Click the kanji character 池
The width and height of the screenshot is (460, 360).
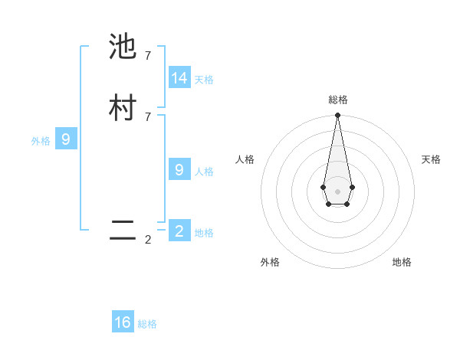(x=123, y=47)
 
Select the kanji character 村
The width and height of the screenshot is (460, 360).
(x=123, y=108)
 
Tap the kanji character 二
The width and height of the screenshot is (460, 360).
(x=123, y=231)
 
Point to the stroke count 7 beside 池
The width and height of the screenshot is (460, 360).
(x=148, y=56)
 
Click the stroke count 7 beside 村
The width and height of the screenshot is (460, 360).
(x=148, y=116)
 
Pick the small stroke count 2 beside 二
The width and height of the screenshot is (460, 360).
(x=148, y=240)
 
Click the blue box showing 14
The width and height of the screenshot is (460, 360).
(x=179, y=77)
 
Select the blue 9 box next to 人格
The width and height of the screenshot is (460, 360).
(x=179, y=169)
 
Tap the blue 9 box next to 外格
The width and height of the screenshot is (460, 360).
(x=66, y=139)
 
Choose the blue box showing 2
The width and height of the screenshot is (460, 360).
(x=179, y=231)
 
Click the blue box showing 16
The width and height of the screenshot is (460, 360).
(x=123, y=322)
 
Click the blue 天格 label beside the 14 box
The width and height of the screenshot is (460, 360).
(x=204, y=79)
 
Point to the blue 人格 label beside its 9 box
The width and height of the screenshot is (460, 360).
(x=204, y=171)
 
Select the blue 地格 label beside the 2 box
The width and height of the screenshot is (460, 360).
(x=204, y=232)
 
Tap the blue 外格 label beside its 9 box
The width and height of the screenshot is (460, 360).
(x=41, y=141)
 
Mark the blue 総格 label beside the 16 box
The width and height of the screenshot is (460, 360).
(x=147, y=324)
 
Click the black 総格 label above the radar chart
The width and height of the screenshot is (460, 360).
(x=338, y=100)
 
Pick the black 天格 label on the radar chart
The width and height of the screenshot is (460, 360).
(x=431, y=159)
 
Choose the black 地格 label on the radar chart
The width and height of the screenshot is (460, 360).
(x=402, y=262)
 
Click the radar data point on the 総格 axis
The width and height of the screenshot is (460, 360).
(x=337, y=116)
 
